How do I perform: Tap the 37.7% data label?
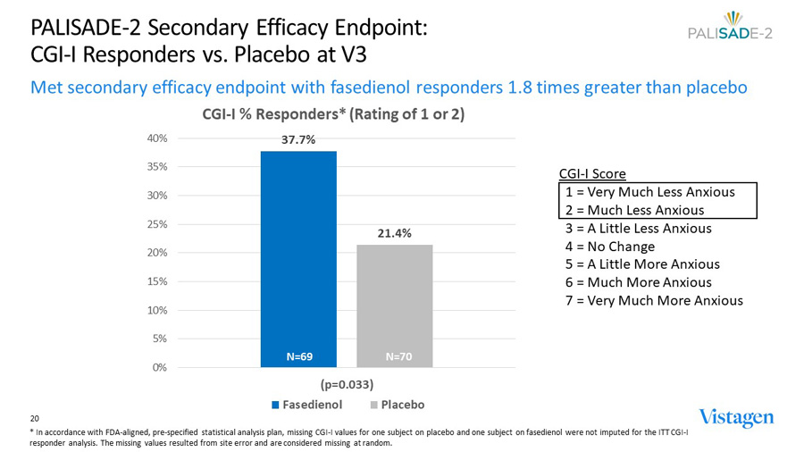point(298,140)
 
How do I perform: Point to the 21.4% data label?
point(394,233)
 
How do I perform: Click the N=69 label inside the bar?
point(298,356)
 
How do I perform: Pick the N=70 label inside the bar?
point(398,356)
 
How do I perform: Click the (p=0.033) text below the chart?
point(347,385)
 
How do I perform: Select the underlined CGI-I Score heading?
point(592,173)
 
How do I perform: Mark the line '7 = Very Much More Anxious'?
point(653,300)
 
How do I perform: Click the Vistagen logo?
point(736,417)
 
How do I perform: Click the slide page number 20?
point(35,418)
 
